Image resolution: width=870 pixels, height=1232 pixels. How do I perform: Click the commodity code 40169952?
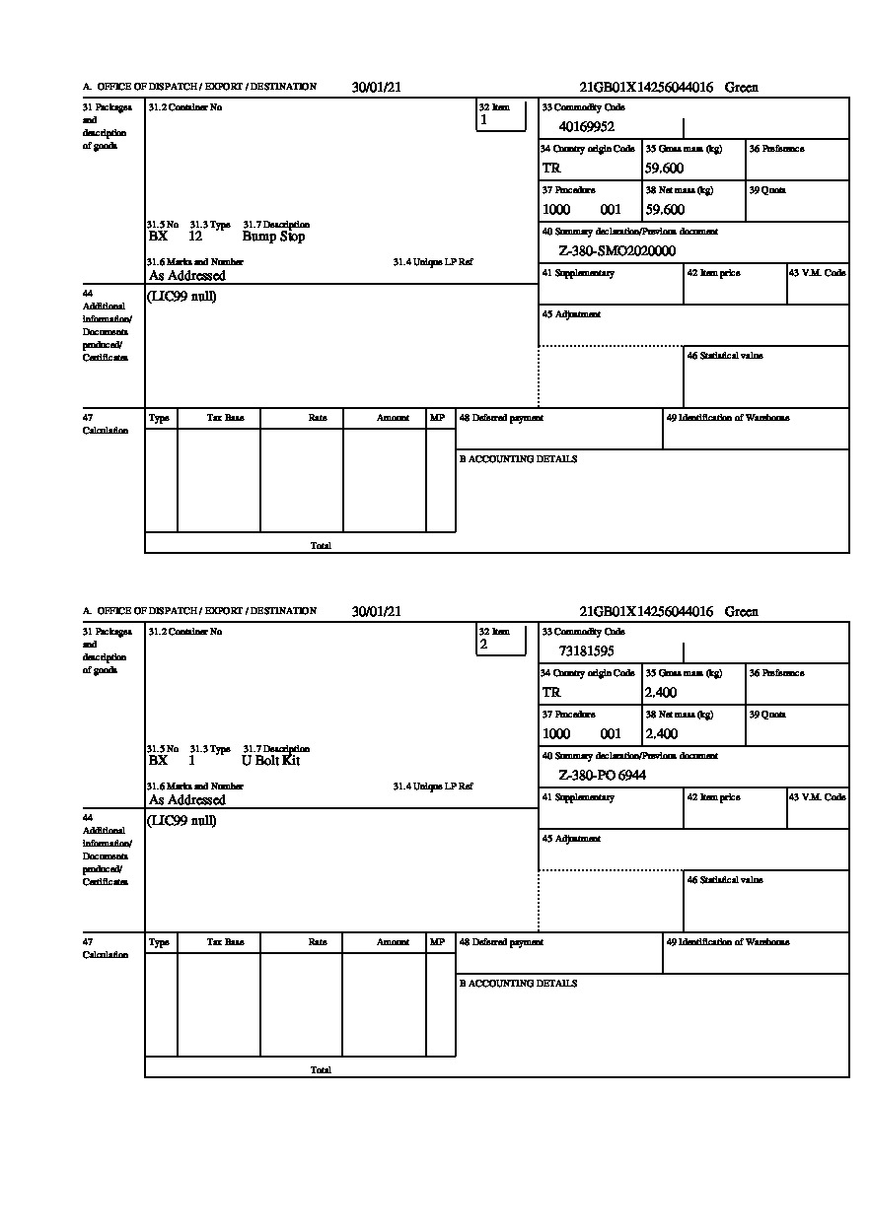click(586, 126)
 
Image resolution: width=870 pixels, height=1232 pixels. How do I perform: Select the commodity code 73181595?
click(586, 650)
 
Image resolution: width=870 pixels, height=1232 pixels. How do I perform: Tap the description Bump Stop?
click(273, 237)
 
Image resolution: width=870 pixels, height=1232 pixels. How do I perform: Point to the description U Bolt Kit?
click(270, 761)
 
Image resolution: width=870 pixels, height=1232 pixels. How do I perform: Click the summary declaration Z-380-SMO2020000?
click(616, 250)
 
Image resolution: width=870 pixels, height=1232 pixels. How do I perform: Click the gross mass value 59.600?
click(665, 169)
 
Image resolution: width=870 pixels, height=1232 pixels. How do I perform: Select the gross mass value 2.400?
click(661, 693)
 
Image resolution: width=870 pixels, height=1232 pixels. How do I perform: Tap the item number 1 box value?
click(483, 120)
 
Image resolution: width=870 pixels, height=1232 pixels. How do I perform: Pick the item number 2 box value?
click(483, 645)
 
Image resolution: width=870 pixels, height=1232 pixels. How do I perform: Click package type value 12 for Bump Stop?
click(195, 237)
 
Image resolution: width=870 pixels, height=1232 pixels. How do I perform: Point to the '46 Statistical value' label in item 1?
click(724, 356)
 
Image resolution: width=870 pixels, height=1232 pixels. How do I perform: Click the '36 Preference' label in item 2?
click(776, 673)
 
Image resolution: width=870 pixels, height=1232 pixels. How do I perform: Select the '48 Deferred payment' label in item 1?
click(501, 418)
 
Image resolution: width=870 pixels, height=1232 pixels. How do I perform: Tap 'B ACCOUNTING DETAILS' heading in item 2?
click(518, 984)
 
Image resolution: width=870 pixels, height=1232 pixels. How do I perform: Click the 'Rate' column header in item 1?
click(317, 418)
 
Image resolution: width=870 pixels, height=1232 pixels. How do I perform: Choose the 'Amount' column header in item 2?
click(393, 942)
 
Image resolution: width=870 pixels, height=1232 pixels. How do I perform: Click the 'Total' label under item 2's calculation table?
click(321, 1069)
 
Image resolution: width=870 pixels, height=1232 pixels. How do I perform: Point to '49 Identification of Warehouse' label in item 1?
click(727, 418)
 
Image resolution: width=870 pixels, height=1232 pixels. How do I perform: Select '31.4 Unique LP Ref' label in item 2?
click(433, 787)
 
